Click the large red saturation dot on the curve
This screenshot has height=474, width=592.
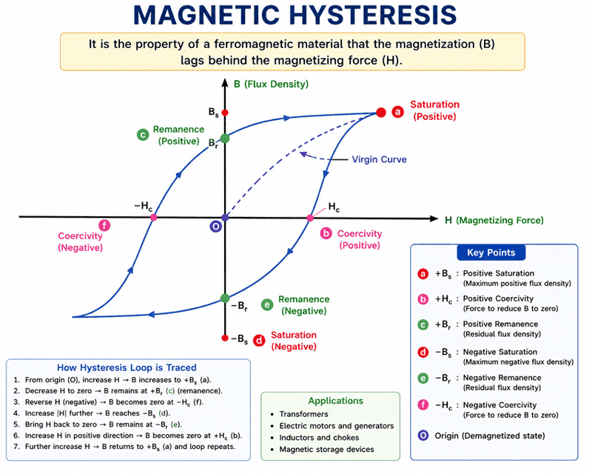[x=381, y=113]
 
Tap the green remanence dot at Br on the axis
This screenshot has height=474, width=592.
[x=225, y=138]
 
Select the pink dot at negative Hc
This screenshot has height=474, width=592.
[x=153, y=217]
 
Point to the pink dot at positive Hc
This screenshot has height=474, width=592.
[x=310, y=218]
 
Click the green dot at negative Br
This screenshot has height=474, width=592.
[x=225, y=298]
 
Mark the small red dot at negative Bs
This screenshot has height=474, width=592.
[x=225, y=338]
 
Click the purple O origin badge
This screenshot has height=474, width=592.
[x=215, y=227]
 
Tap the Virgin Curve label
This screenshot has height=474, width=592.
[x=379, y=159]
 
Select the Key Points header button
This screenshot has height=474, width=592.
[x=491, y=253]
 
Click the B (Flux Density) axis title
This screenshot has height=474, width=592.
[x=271, y=84]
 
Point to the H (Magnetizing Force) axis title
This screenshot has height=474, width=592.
[x=494, y=220]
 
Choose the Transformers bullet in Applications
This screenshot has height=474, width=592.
[x=303, y=414]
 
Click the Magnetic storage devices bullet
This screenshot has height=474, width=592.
[x=326, y=449]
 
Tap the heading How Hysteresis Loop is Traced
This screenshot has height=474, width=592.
[x=127, y=367]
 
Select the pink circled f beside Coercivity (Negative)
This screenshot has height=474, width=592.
[x=104, y=226]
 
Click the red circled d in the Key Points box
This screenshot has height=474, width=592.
[x=423, y=353]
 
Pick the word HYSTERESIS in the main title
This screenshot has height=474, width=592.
[x=373, y=15]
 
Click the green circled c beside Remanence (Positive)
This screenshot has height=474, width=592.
[x=143, y=135]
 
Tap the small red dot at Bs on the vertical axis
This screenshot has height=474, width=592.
[x=225, y=113]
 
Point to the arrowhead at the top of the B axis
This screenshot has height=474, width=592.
[x=225, y=82]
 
